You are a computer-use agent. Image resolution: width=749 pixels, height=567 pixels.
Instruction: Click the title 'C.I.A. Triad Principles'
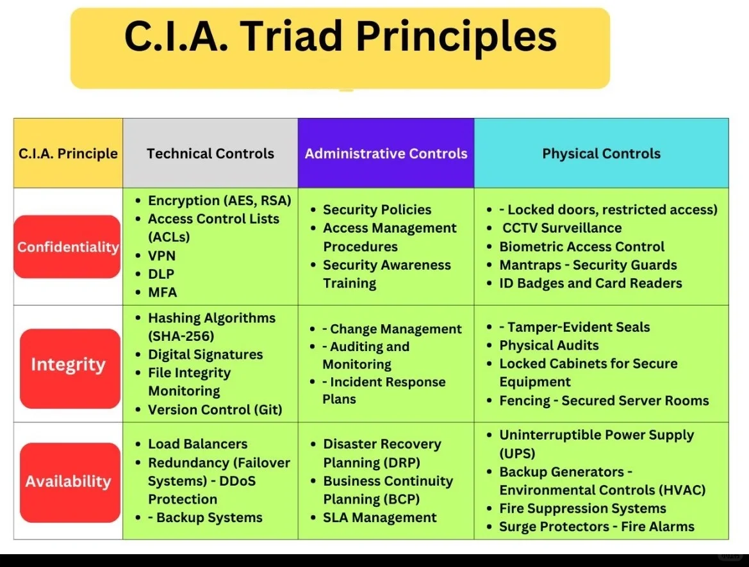click(340, 37)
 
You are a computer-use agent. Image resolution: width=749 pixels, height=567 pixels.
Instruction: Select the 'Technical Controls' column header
click(210, 154)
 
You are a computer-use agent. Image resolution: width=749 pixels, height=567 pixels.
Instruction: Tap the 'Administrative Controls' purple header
click(386, 154)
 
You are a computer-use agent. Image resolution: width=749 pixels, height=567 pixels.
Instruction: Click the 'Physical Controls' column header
click(601, 154)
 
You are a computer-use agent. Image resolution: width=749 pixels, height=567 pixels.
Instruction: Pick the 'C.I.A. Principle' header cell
click(68, 154)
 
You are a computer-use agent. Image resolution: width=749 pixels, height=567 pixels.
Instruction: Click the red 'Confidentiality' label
click(68, 247)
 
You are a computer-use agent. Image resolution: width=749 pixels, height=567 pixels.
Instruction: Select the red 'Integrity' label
click(69, 365)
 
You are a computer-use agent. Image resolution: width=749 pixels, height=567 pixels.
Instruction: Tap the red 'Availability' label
click(69, 481)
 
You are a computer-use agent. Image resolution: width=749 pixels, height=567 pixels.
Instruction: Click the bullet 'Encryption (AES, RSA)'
click(219, 201)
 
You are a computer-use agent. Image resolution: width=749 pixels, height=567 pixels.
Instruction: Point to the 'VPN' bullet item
click(161, 256)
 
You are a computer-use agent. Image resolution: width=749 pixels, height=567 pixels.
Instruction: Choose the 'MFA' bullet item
click(162, 292)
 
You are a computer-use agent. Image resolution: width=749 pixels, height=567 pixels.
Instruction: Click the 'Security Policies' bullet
click(377, 210)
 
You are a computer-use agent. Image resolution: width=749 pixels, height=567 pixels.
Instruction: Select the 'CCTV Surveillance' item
click(561, 228)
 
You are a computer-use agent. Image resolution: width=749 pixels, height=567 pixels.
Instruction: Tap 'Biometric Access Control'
click(581, 247)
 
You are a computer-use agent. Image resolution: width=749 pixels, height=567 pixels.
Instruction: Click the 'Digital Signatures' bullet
click(205, 354)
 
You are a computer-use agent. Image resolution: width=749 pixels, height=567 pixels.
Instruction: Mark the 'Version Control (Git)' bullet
click(215, 409)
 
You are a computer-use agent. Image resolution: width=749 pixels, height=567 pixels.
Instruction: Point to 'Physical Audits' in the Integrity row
click(548, 345)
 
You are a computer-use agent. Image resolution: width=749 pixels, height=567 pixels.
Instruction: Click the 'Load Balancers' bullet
click(197, 444)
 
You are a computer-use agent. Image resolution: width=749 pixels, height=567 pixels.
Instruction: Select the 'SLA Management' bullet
click(379, 518)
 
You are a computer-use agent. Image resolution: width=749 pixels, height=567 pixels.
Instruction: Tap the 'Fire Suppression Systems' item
click(582, 509)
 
